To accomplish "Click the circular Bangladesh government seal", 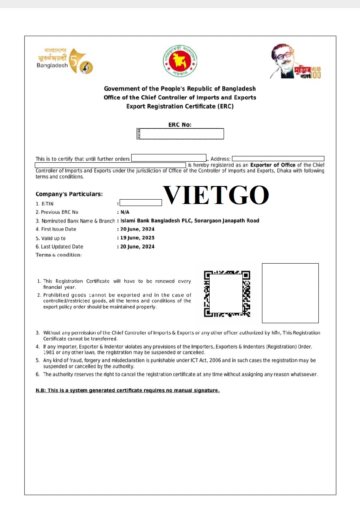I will click(180, 61).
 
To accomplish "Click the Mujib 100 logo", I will click(295, 62).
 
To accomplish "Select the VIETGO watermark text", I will click(216, 195).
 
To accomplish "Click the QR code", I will click(227, 294).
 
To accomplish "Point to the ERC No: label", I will click(180, 125).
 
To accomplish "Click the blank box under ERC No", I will click(180, 134).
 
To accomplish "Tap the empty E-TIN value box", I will click(141, 203).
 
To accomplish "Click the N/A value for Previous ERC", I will click(125, 212).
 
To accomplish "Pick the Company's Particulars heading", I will click(69, 194).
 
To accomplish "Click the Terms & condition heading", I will click(59, 255).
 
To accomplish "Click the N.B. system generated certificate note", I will click(128, 390).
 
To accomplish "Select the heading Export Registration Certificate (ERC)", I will click(180, 106).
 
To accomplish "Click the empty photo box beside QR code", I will click(290, 293).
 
